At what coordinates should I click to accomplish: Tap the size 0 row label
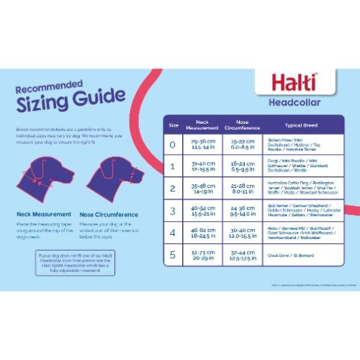click(x=173, y=145)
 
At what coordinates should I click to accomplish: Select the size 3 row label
click(x=173, y=212)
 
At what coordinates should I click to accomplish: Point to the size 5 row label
click(x=173, y=255)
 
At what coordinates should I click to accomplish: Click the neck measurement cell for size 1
click(x=197, y=167)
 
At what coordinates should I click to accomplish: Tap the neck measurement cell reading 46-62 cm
click(x=197, y=234)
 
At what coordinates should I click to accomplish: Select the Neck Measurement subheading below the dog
click(x=43, y=214)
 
